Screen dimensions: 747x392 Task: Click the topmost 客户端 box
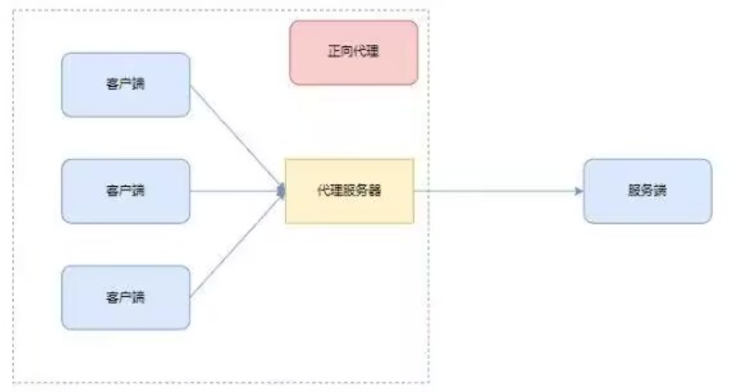(125, 85)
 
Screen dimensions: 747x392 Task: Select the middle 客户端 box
(125, 190)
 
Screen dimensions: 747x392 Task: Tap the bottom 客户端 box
(125, 297)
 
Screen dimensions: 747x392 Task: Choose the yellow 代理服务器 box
(349, 190)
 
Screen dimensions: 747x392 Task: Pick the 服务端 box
(647, 190)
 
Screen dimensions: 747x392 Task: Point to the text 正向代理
(353, 52)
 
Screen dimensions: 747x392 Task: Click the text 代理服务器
(349, 190)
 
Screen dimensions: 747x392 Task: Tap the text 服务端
(647, 190)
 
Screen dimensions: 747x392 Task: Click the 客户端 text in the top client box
(125, 85)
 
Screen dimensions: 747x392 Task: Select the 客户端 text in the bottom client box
(125, 297)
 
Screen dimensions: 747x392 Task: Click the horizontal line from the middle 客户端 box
(235, 190)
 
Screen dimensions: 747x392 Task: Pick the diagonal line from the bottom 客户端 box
(235, 246)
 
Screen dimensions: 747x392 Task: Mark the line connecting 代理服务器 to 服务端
(495, 190)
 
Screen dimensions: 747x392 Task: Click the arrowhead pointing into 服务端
(580, 190)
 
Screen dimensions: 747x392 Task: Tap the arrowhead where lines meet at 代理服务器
(281, 190)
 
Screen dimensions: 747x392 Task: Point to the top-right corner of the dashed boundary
(428, 10)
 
